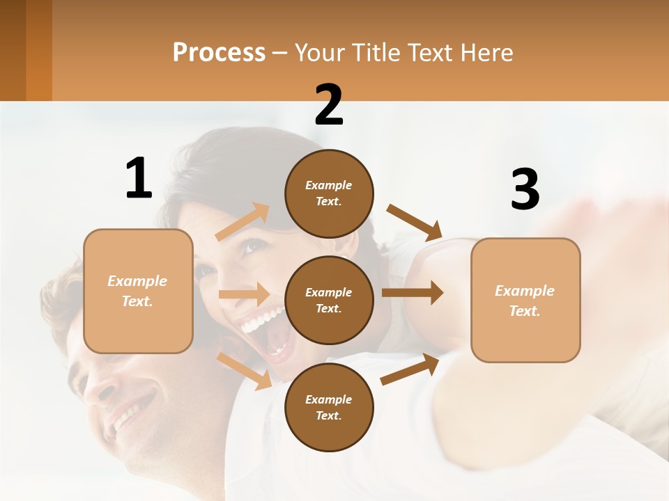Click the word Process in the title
[x=219, y=53]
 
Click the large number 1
[x=139, y=179]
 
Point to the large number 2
[x=329, y=105]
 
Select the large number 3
[x=525, y=189]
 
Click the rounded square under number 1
[x=138, y=291]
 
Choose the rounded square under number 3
[x=525, y=300]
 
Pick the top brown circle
[x=329, y=193]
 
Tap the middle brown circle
[x=329, y=300]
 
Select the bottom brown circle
[x=329, y=407]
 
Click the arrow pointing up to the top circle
[x=243, y=222]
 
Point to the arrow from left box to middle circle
[x=244, y=294]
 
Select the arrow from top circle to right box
[x=415, y=222]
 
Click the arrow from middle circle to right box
[x=413, y=293]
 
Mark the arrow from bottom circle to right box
[x=410, y=369]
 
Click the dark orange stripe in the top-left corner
[x=38, y=50]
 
